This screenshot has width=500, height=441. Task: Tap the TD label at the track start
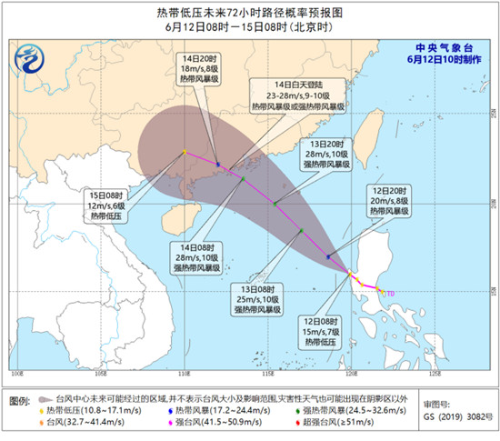click(390, 293)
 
